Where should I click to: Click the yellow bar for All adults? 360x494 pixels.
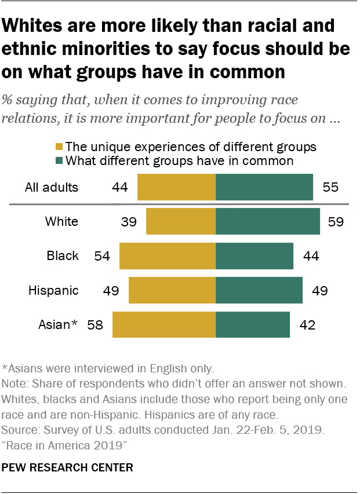[x=176, y=187]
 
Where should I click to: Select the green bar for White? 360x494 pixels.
[x=267, y=221]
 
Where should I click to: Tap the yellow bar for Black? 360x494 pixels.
[x=167, y=255]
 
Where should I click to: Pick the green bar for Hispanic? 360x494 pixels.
[x=259, y=290]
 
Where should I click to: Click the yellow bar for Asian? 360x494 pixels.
[x=163, y=324]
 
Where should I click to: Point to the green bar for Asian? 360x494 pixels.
[x=252, y=324]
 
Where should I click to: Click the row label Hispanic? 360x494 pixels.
[x=53, y=290]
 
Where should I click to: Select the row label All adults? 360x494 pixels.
[x=52, y=187]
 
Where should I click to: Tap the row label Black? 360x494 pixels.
[x=63, y=255]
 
